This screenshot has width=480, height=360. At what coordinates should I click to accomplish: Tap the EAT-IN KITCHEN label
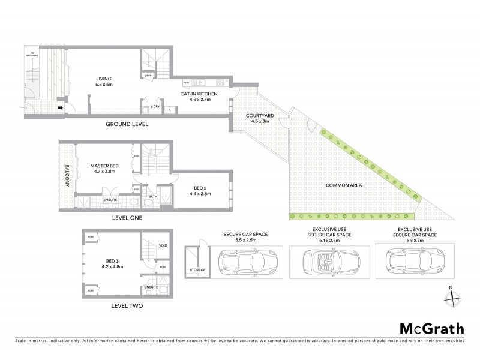click(200, 94)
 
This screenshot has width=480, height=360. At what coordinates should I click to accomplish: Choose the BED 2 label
click(197, 187)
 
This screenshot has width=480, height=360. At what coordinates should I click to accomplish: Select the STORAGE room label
click(198, 270)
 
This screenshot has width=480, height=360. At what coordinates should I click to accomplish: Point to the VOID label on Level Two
click(163, 246)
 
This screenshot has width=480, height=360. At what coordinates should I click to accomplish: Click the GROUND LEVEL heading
click(127, 124)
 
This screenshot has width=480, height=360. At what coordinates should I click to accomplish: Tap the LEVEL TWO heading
click(127, 305)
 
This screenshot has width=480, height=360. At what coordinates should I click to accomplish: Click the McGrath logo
click(431, 328)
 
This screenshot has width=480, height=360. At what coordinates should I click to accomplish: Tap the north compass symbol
click(454, 296)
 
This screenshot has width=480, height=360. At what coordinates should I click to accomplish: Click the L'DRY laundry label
click(155, 107)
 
